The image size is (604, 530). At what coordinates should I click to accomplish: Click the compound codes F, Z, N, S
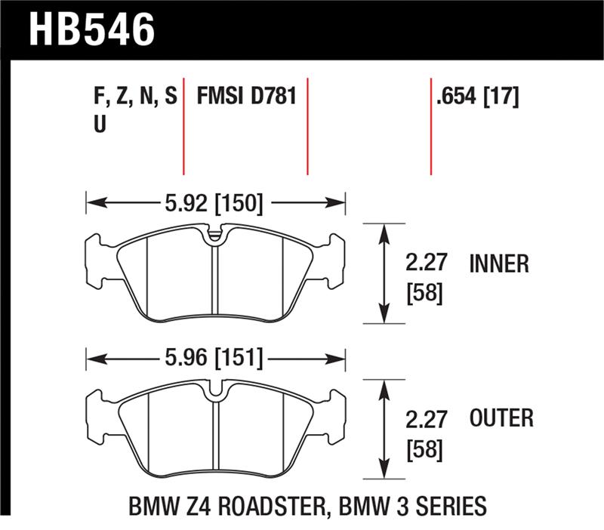pyautogui.click(x=134, y=96)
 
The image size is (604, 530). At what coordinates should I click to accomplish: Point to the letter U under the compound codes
pyautogui.click(x=98, y=125)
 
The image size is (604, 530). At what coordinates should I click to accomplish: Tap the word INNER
pyautogui.click(x=499, y=263)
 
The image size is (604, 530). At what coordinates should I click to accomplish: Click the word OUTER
pyautogui.click(x=501, y=418)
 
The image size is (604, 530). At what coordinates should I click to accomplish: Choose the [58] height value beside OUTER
pyautogui.click(x=424, y=450)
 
